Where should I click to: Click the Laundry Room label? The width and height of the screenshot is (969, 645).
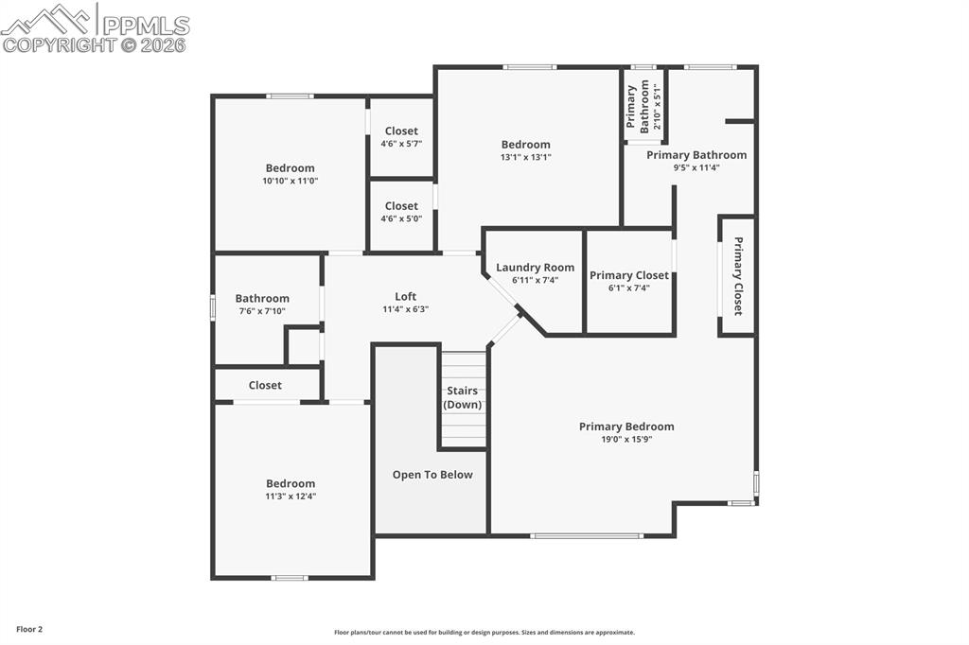(535, 268)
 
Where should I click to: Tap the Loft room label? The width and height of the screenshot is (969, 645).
(405, 297)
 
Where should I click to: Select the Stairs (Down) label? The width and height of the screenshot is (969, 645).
(463, 397)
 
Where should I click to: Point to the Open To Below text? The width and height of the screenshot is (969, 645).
(432, 475)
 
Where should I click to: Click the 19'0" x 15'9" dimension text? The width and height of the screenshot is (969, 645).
(626, 439)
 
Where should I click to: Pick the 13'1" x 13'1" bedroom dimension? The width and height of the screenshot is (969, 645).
(526, 157)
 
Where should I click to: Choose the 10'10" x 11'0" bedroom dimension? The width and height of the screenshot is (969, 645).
(290, 181)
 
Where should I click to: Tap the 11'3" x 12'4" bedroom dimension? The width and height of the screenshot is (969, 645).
(291, 496)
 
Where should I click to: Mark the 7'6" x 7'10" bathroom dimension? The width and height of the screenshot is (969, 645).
(262, 311)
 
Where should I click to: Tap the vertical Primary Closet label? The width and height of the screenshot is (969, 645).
(738, 276)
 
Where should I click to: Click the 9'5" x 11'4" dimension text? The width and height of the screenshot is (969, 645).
(696, 167)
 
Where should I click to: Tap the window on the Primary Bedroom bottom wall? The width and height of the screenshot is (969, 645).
(573, 536)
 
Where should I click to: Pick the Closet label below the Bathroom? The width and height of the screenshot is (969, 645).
(265, 385)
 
